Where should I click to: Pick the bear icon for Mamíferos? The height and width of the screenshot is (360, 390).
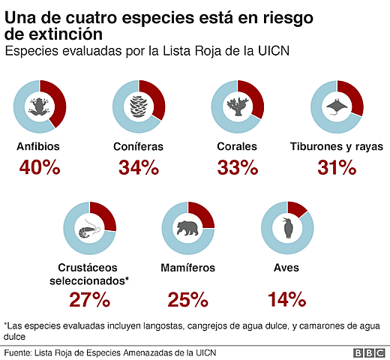tap(188, 229)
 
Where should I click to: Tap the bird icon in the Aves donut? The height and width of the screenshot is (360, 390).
tap(287, 229)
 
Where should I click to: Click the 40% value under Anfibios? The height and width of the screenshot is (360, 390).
tap(39, 169)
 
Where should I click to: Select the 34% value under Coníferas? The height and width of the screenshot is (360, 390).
tap(139, 169)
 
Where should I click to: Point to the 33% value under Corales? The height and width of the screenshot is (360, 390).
tap(238, 169)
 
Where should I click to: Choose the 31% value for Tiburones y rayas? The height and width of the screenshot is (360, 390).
tap(337, 169)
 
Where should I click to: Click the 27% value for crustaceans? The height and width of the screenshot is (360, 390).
tap(90, 301)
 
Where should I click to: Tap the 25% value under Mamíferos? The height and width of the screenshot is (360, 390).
tap(188, 301)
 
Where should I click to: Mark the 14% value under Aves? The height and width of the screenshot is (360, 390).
tap(287, 301)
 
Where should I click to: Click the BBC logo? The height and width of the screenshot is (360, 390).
tap(369, 352)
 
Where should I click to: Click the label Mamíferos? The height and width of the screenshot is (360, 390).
tap(188, 268)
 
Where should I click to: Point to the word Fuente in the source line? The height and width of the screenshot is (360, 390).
tap(20, 352)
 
